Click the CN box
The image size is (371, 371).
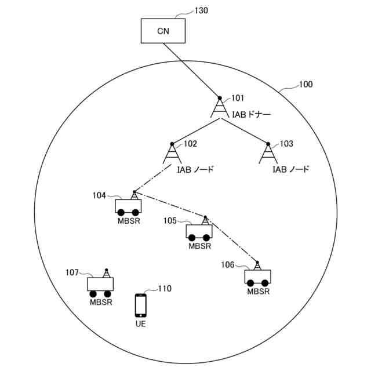pos(163,31)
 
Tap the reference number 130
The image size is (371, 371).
pos(201,10)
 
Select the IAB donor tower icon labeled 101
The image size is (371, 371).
pos(220,108)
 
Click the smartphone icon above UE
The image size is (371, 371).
pos(140,304)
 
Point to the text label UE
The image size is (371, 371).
pos(140,323)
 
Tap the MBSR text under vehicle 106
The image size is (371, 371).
pos(259,292)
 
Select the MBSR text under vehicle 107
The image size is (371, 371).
pos(101,301)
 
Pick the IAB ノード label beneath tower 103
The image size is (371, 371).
pos(290,170)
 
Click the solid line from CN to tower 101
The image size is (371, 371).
pos(191,70)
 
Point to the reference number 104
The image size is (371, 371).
pos(99,195)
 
